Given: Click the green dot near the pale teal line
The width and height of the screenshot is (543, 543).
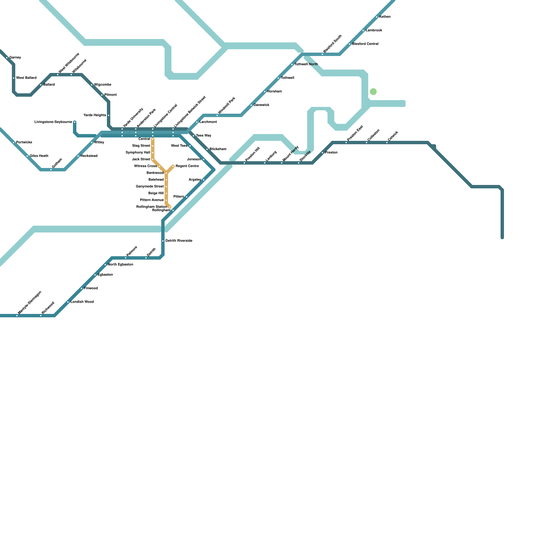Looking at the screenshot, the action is point(373,92).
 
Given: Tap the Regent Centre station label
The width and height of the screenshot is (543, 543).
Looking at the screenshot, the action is point(187,166).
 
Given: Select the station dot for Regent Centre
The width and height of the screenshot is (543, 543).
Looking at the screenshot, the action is point(173,166).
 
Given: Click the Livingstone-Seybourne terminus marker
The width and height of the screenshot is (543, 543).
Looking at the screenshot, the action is point(75,122).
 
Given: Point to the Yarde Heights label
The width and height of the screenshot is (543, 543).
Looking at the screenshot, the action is point(95,115).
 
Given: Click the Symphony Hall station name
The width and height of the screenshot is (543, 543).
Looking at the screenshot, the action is point(138,153).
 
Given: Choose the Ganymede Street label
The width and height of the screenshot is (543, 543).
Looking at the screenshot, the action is point(150,187).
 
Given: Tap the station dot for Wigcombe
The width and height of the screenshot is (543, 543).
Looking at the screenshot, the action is point(92,85).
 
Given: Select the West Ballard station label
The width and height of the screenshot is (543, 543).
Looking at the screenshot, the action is point(26,78).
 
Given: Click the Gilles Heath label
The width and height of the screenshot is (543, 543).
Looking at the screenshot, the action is point(39,156).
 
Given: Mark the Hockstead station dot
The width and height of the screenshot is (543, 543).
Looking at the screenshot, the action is point(78,156).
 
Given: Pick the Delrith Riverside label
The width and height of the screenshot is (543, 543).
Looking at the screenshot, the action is point(179,241).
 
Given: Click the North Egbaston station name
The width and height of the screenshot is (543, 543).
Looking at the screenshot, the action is point(120,265).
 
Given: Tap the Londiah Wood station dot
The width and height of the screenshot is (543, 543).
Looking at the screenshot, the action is point(68,302).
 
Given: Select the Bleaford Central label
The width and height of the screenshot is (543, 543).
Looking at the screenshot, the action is point(365,44).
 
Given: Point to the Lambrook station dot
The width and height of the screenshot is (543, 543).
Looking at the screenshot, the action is point(363,31).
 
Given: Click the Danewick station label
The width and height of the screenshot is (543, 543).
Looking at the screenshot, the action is point(261,105).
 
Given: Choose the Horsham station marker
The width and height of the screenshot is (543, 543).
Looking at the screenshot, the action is point(265,92).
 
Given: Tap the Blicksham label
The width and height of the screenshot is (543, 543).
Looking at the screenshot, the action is point(218,149).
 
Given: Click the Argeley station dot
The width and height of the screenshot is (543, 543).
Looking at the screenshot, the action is point(204,180).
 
